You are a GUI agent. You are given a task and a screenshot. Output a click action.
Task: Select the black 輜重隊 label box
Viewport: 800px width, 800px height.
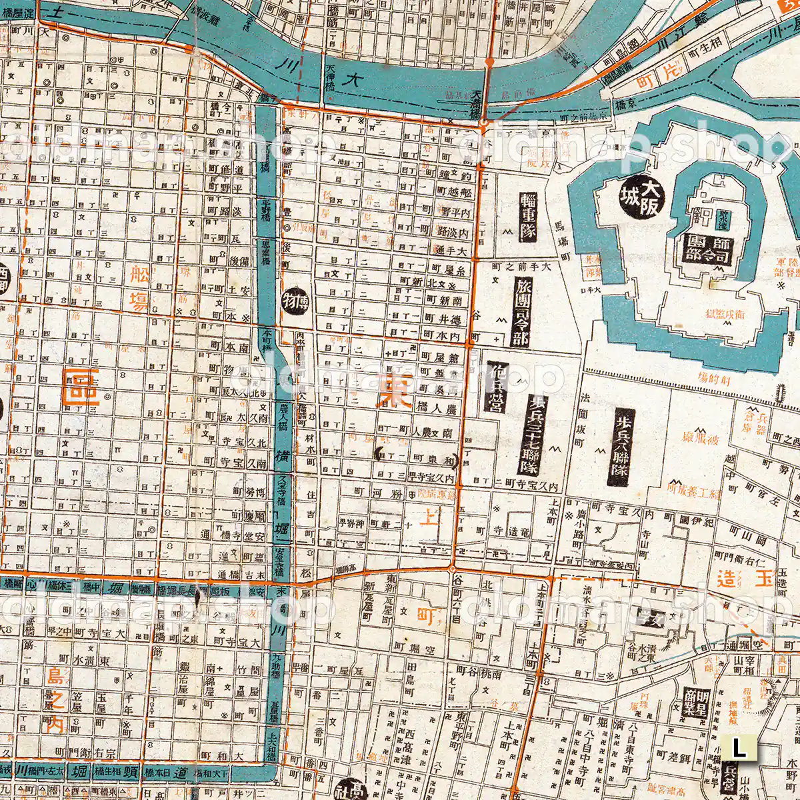(x=528, y=217)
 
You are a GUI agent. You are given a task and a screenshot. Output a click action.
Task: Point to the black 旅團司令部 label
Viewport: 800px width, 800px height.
(x=521, y=313)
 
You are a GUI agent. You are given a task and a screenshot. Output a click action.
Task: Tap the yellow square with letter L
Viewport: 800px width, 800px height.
(x=739, y=747)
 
